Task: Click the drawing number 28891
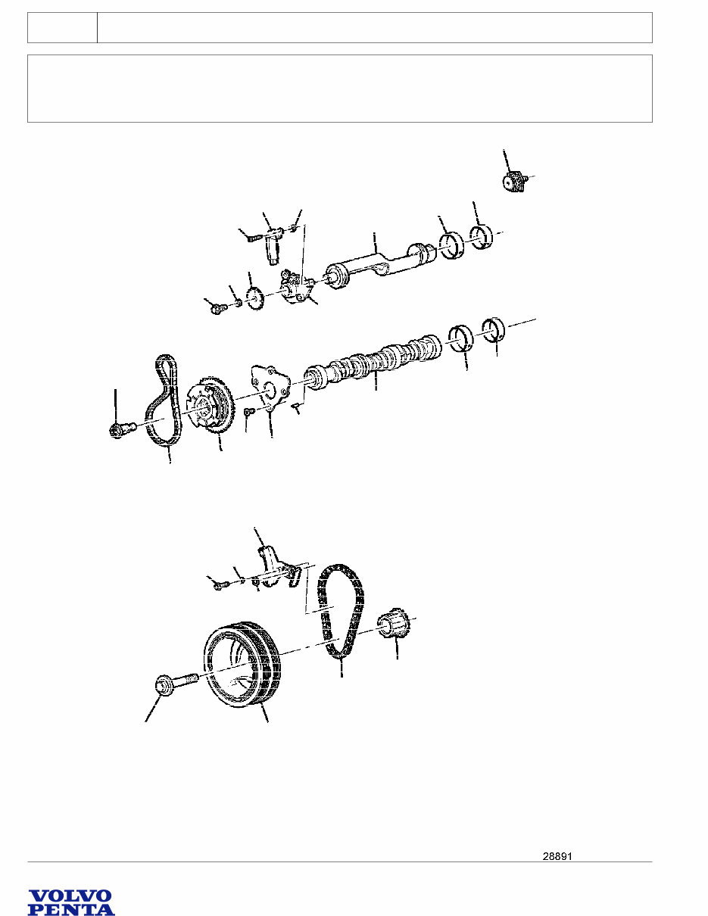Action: click(557, 856)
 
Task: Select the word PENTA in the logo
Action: click(71, 906)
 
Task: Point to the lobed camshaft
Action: click(373, 363)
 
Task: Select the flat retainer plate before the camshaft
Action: click(270, 386)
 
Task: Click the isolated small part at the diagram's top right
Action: click(516, 181)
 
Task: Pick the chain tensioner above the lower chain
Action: click(279, 567)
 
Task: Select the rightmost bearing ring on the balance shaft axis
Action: click(482, 238)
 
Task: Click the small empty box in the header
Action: click(62, 28)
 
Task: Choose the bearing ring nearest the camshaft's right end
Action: click(460, 338)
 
